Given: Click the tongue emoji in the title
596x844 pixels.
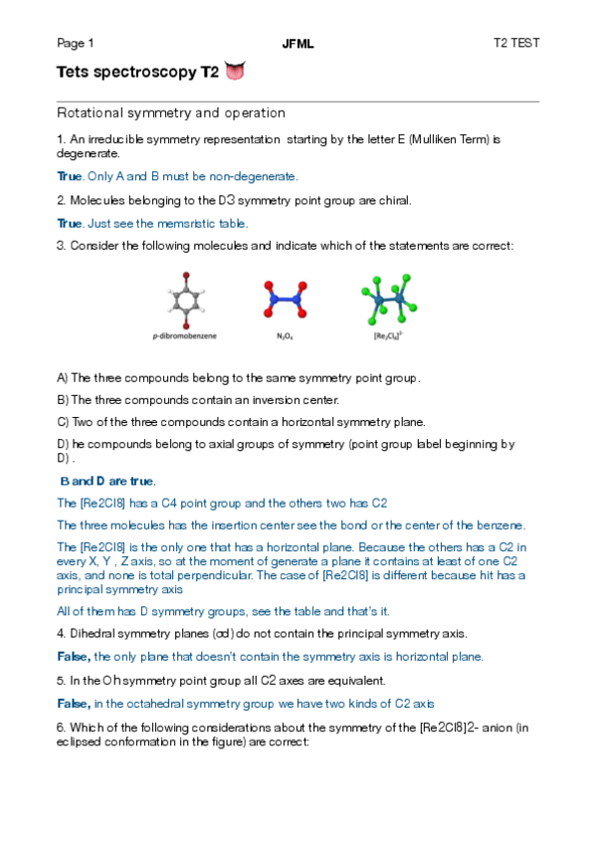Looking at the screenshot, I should [235, 72].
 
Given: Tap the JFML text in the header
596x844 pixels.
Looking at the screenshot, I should [298, 44].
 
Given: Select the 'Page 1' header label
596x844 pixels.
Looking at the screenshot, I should [76, 44].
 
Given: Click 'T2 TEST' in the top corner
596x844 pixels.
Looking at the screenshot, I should [516, 44].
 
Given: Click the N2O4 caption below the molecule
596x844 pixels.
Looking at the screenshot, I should [285, 335].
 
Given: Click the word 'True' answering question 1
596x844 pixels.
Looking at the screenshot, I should [69, 176].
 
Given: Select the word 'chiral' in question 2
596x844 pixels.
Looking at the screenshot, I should [393, 200].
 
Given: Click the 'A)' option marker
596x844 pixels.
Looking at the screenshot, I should [63, 378].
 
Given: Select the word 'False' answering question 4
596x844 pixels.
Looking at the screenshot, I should [74, 657].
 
